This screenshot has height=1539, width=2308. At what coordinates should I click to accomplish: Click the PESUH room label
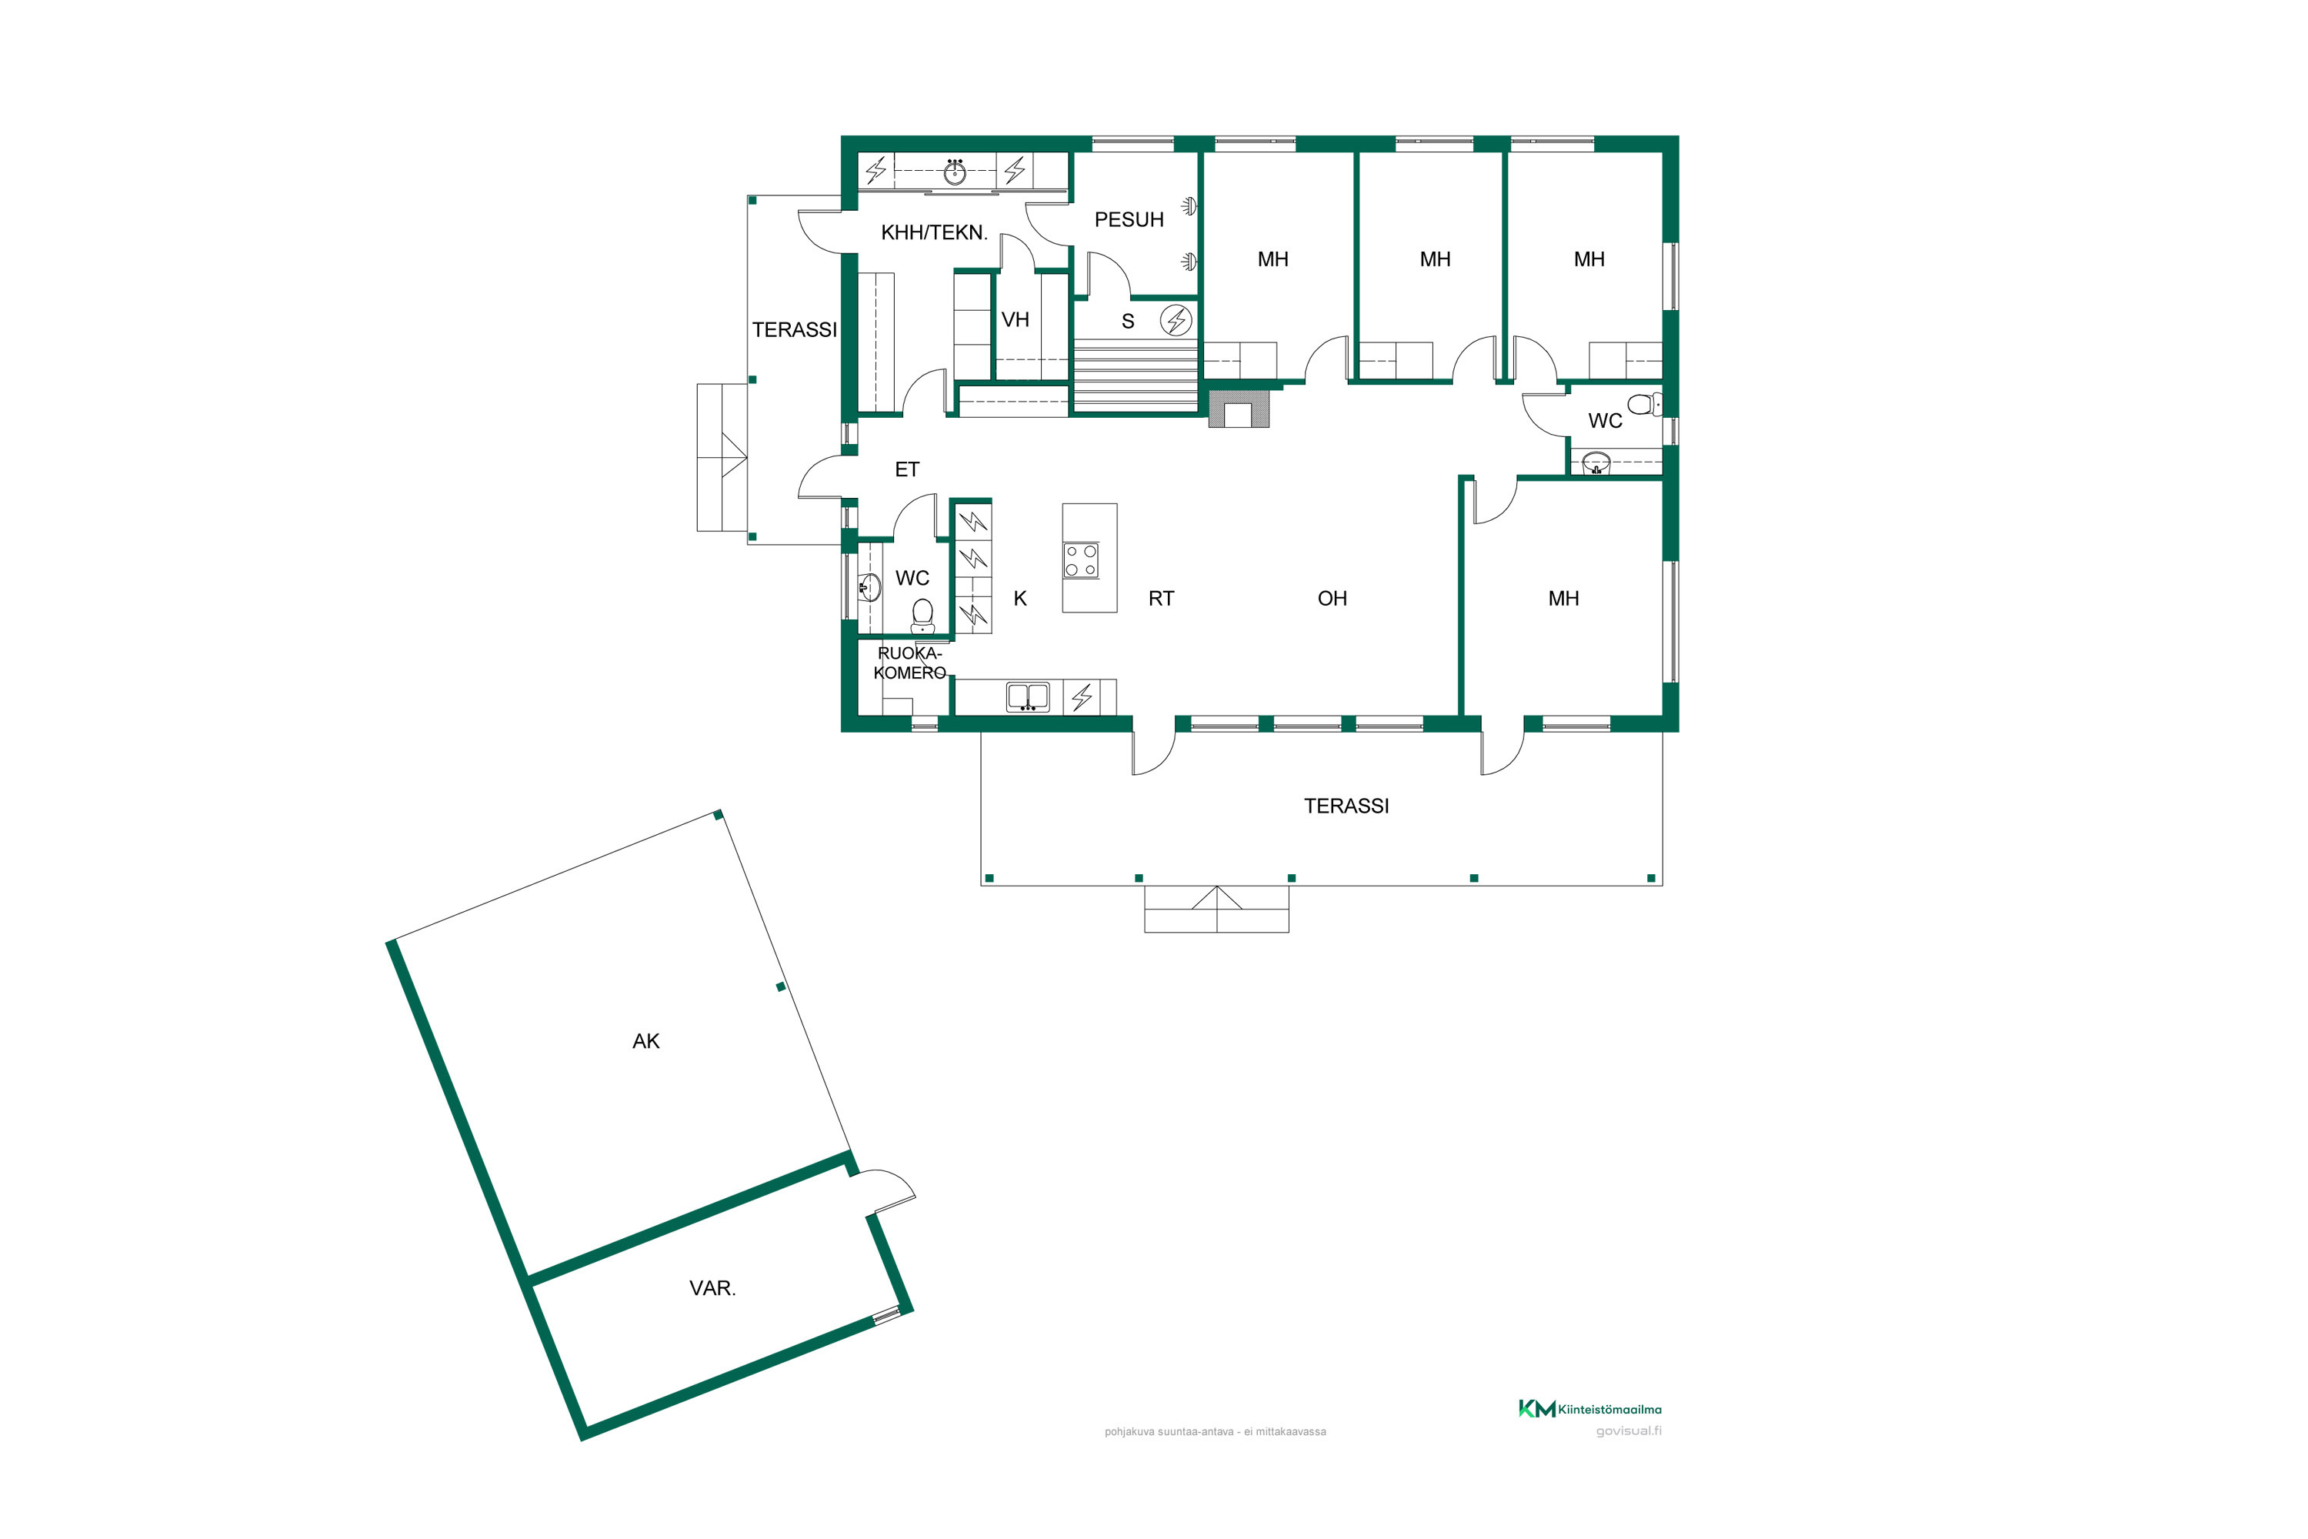coord(1129,220)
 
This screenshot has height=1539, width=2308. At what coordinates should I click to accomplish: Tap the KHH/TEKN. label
coord(934,232)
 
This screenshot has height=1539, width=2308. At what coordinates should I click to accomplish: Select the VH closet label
coord(1015,320)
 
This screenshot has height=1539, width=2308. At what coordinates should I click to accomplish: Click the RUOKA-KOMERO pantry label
coord(909,663)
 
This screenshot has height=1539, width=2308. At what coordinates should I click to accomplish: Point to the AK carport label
coord(645,1041)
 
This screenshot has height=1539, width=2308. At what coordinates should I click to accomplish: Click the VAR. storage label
coord(712,1289)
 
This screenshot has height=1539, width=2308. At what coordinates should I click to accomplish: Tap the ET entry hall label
coord(907,470)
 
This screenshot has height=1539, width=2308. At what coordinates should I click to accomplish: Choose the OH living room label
coord(1332,599)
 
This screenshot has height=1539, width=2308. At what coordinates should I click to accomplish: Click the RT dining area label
coord(1161,599)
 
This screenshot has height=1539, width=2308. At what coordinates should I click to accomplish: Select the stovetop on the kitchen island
coord(1080,560)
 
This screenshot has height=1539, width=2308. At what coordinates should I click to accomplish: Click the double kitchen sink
coord(1027,697)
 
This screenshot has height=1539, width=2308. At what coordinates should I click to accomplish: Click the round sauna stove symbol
coord(1176,320)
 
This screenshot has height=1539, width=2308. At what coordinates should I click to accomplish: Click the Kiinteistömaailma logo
coord(1589,1410)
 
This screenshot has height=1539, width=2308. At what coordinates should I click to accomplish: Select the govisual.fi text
coord(1629,1431)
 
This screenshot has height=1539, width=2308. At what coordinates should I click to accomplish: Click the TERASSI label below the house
coord(1346,806)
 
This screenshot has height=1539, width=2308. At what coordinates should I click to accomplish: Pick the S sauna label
coord(1128,321)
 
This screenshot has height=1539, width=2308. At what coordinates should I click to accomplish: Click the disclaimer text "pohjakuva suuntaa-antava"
coord(1169,1432)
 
